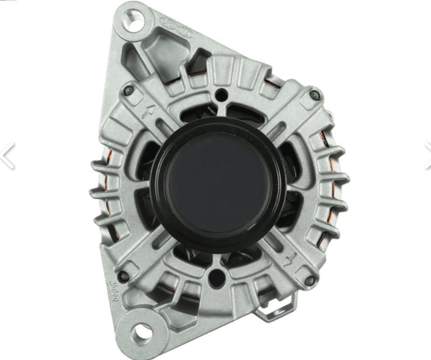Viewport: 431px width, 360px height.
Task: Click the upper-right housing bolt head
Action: (x=315, y=96)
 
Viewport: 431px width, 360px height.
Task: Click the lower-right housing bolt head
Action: (x=308, y=280)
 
